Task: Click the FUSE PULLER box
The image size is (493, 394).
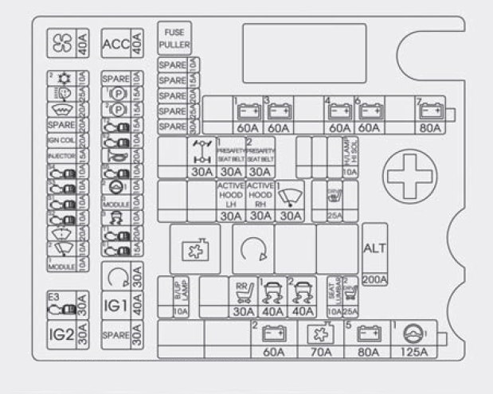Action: (x=174, y=38)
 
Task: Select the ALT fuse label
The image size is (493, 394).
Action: (x=375, y=248)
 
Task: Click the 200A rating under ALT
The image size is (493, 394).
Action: (x=375, y=279)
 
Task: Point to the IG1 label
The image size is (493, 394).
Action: (x=115, y=305)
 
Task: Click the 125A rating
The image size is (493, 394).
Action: (x=413, y=352)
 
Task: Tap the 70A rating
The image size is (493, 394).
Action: (x=320, y=352)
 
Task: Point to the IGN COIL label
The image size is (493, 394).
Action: (x=61, y=140)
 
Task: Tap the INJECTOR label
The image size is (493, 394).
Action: (x=61, y=156)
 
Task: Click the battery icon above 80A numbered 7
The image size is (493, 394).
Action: (x=431, y=111)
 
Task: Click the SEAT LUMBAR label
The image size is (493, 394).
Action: (x=335, y=290)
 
